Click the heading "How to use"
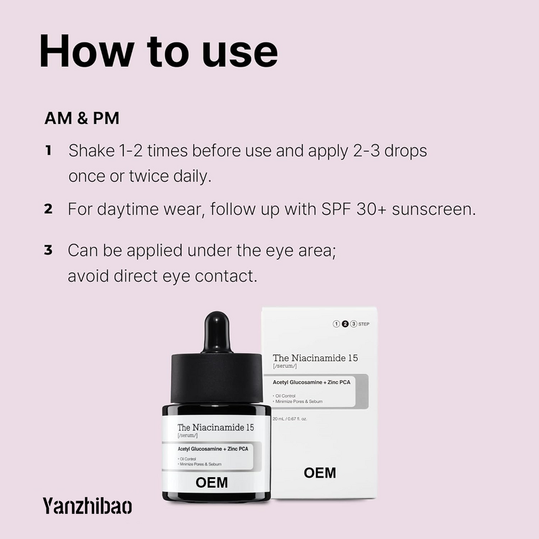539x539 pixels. pos(158,51)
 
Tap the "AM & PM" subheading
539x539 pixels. pos(82,119)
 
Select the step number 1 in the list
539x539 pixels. pos(49,150)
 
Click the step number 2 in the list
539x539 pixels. pos(49,209)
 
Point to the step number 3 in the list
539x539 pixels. pos(49,251)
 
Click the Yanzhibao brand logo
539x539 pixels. pos(87,505)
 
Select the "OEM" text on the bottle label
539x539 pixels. pos(212,482)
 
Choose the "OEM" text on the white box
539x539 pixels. pos(320,472)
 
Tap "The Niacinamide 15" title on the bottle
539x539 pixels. pos(216,427)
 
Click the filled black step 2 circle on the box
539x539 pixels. pos(345,324)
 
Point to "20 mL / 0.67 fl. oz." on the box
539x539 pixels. pos(290,418)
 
